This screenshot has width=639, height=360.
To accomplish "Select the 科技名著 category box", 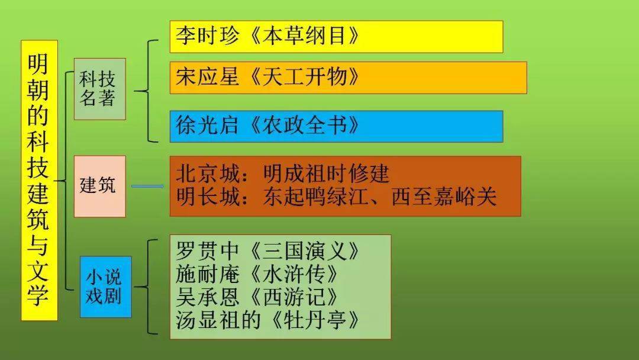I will [x=99, y=89].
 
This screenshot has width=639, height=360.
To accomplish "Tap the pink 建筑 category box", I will [x=99, y=186].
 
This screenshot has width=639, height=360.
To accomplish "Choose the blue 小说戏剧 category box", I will [x=105, y=287].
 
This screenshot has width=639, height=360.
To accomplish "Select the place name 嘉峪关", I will [x=466, y=197].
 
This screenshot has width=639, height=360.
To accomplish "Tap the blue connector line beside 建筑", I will [x=147, y=187].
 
